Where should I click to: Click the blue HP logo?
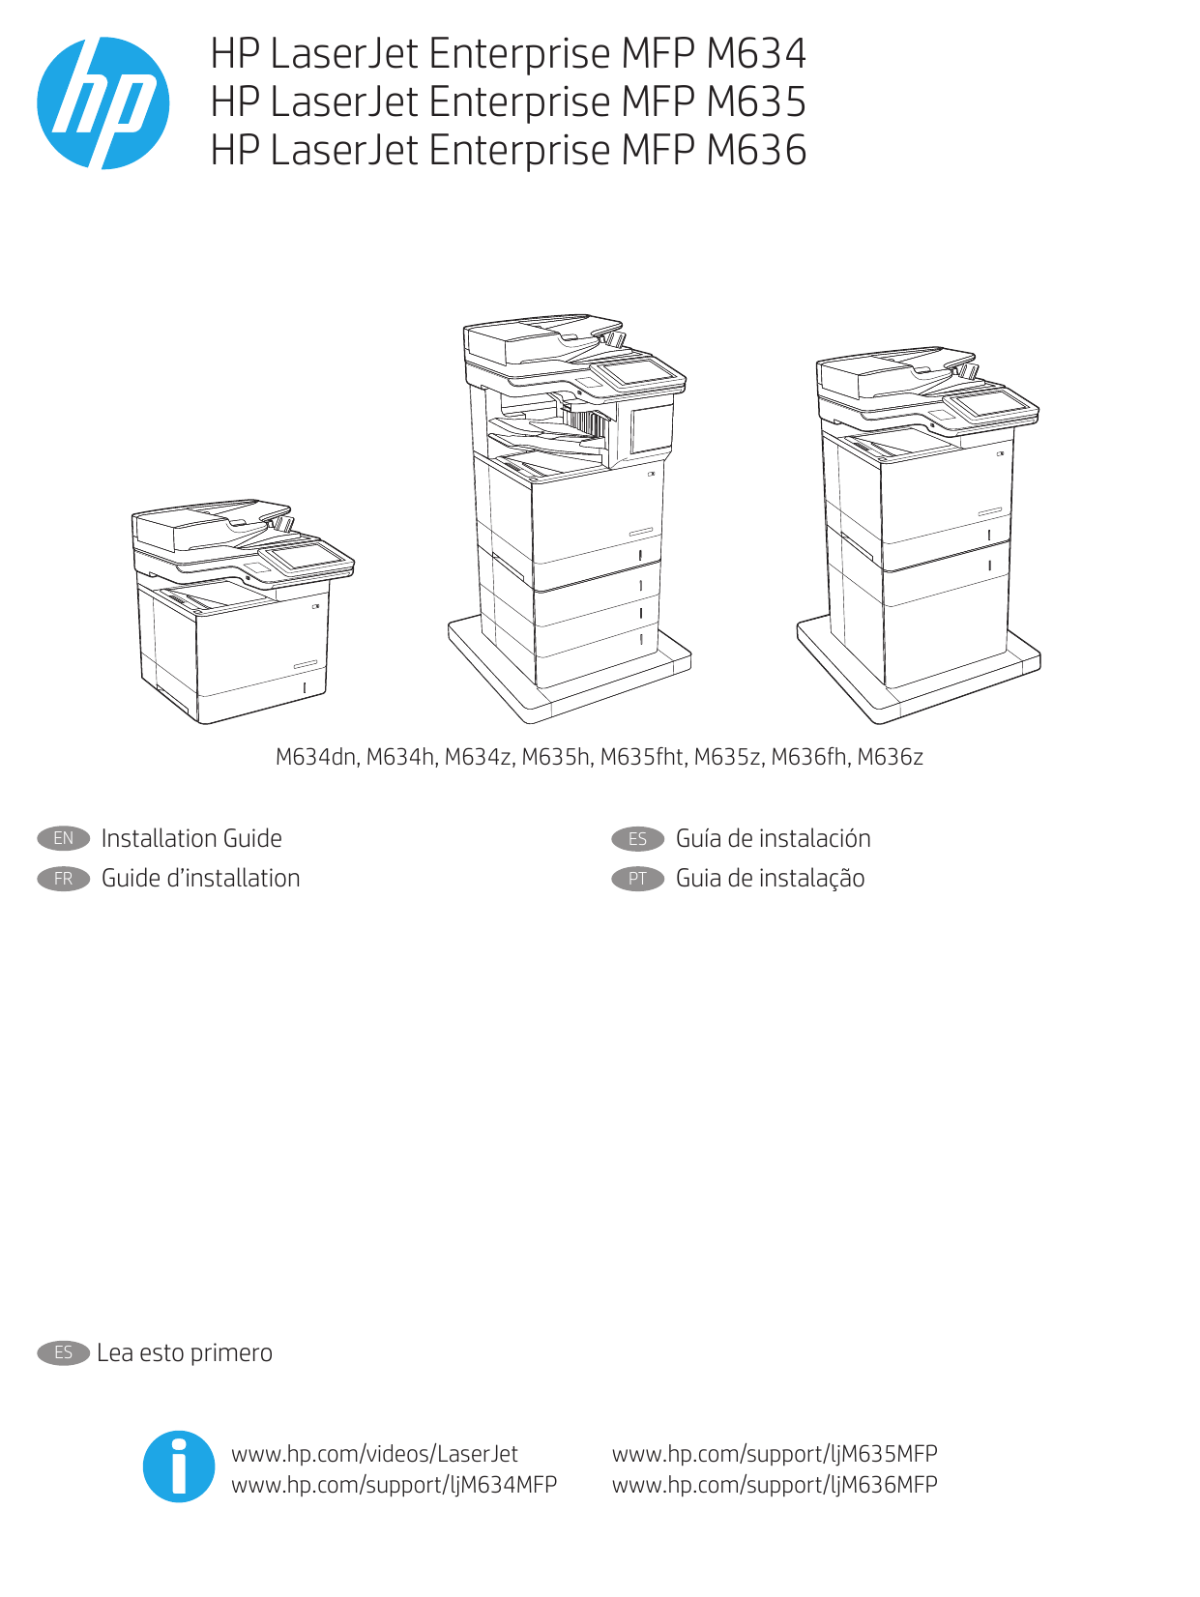point(103,102)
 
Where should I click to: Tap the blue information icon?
point(179,1466)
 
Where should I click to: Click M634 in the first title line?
point(756,53)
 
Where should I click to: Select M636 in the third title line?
point(756,150)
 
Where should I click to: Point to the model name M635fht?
point(642,757)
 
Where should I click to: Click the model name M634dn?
point(316,757)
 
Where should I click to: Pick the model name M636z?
point(890,757)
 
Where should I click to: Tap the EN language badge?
point(63,838)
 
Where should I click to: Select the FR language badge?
point(63,878)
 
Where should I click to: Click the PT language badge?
point(637,878)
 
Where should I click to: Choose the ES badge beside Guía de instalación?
point(637,838)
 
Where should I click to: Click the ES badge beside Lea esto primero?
point(63,1352)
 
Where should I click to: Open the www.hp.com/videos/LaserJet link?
point(374,1453)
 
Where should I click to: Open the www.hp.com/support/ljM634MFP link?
point(394,1484)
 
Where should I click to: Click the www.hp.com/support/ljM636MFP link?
point(775,1484)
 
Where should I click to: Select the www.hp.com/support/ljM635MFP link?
point(775,1453)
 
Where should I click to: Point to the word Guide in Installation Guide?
point(252,838)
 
